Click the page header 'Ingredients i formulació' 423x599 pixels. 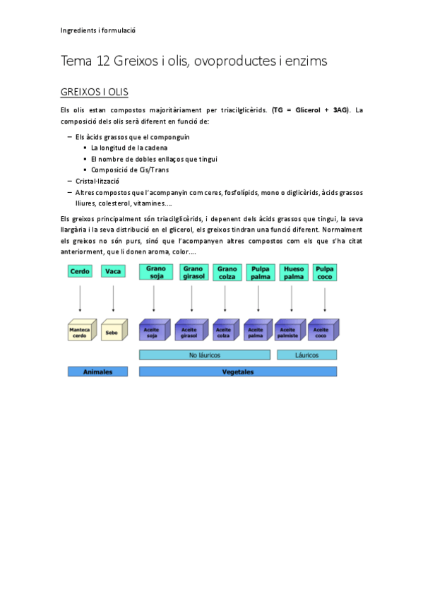(98, 30)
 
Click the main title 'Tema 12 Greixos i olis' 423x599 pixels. (194, 61)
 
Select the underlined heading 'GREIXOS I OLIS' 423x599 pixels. (95, 93)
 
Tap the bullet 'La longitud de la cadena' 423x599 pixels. (129, 148)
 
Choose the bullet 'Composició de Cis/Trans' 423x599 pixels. (130, 170)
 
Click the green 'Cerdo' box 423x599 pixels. (80, 271)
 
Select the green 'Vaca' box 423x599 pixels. (113, 271)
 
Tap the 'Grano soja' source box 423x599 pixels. (157, 272)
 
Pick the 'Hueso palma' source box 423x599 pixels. (292, 272)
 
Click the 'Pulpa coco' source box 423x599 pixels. (324, 272)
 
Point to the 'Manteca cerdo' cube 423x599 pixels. (80, 331)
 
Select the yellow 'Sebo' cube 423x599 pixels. (113, 331)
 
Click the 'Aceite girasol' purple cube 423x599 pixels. (190, 331)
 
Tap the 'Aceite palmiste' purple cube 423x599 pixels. (289, 331)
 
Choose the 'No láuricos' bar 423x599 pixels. (205, 355)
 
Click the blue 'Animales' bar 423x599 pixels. (98, 372)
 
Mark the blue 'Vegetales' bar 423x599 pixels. (238, 372)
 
